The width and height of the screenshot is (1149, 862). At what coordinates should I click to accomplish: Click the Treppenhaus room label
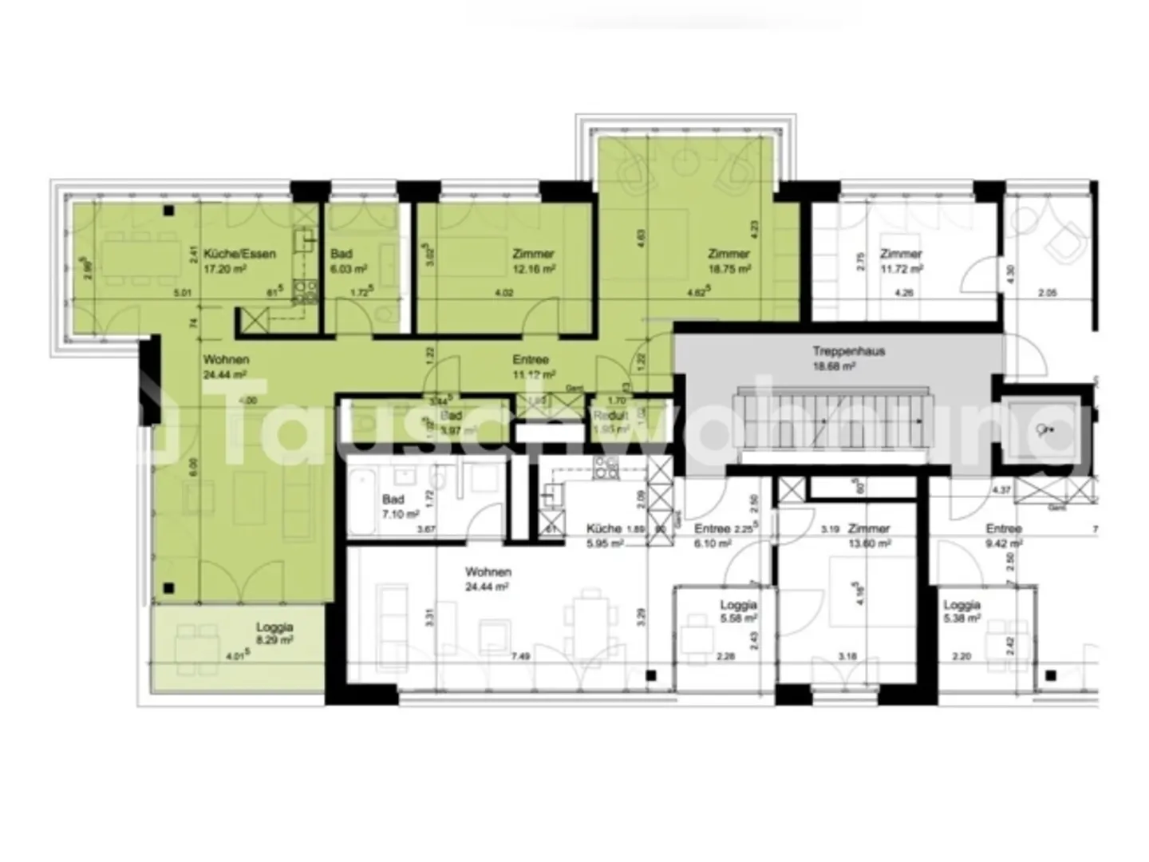tap(848, 351)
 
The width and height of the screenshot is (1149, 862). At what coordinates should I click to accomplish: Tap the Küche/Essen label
tap(239, 254)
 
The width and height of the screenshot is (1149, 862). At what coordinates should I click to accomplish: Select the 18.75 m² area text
tap(730, 270)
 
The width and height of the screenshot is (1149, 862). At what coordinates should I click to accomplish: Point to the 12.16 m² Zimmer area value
tap(533, 270)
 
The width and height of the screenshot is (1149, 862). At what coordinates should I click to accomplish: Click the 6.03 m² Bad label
tap(342, 254)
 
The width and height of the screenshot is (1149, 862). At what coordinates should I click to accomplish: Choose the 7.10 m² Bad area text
tap(395, 514)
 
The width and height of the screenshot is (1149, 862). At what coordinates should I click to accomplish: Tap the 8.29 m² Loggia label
tap(274, 628)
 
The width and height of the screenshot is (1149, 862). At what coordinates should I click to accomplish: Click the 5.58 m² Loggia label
tap(737, 606)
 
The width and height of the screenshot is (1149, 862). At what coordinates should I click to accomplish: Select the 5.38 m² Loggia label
tap(961, 606)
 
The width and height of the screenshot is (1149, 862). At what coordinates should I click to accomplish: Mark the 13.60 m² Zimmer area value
tap(870, 544)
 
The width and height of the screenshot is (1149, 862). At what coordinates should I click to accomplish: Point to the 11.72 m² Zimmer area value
tap(902, 270)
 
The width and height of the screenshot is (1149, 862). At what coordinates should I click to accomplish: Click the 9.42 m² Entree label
tap(1003, 528)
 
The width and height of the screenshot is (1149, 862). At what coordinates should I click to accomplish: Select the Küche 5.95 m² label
tap(604, 528)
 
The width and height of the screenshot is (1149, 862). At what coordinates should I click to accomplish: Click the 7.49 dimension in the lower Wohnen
tap(520, 657)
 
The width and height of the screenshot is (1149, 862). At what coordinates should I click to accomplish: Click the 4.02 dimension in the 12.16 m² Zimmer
tap(504, 293)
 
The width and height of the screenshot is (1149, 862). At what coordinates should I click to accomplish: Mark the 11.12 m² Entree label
tap(531, 360)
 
